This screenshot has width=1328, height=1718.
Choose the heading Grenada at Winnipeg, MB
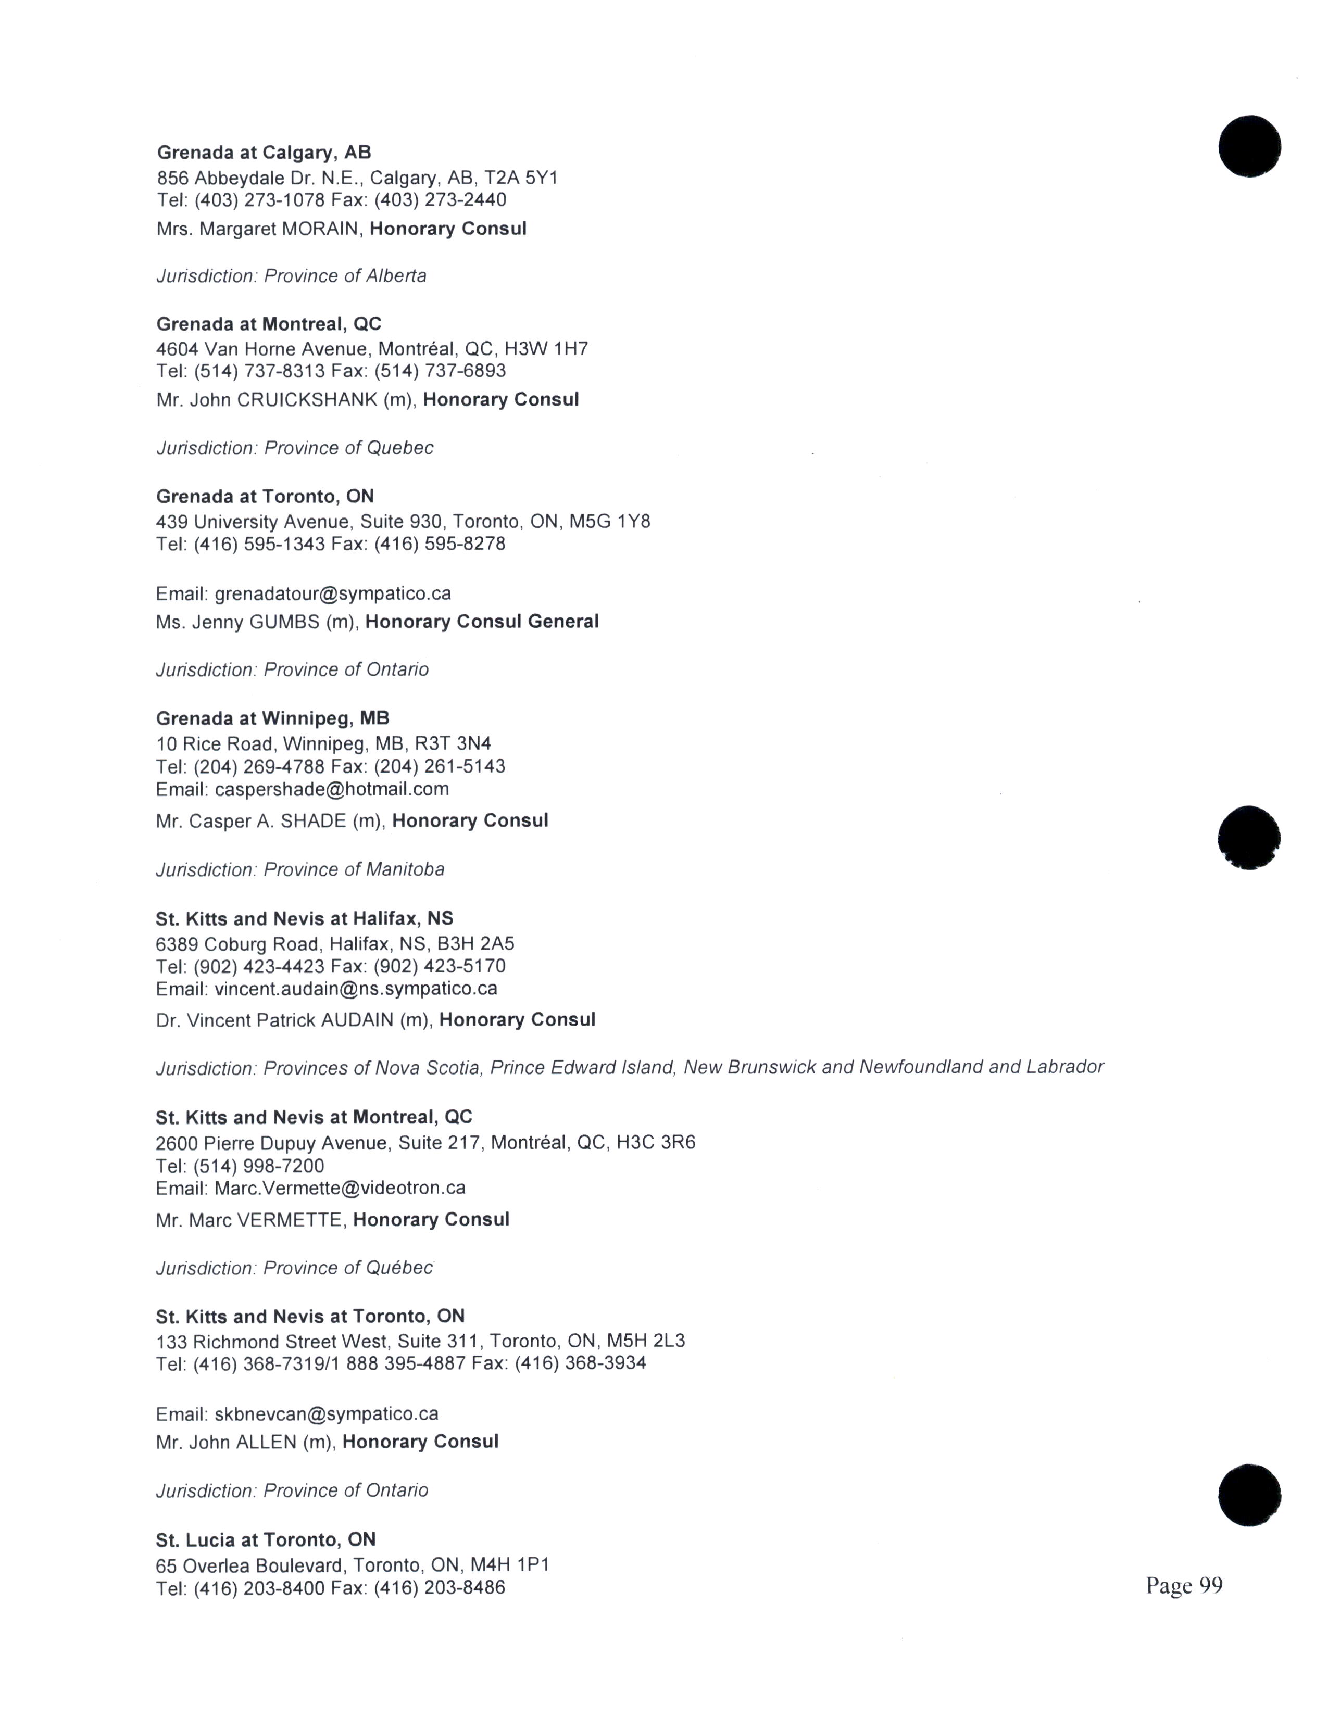pos(272,718)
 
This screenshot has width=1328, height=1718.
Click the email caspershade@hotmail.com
pos(332,789)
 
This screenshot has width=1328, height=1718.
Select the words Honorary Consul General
pos(482,622)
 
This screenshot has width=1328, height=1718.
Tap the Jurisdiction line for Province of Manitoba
pos(300,869)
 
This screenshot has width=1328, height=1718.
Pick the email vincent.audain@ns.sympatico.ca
pos(356,988)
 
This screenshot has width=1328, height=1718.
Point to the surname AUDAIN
pos(357,1020)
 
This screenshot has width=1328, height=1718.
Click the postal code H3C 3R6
pos(656,1142)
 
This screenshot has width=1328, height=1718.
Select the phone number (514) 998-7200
pos(259,1166)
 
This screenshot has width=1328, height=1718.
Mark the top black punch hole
pos(1249,146)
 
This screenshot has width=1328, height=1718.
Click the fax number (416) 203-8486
pos(440,1588)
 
